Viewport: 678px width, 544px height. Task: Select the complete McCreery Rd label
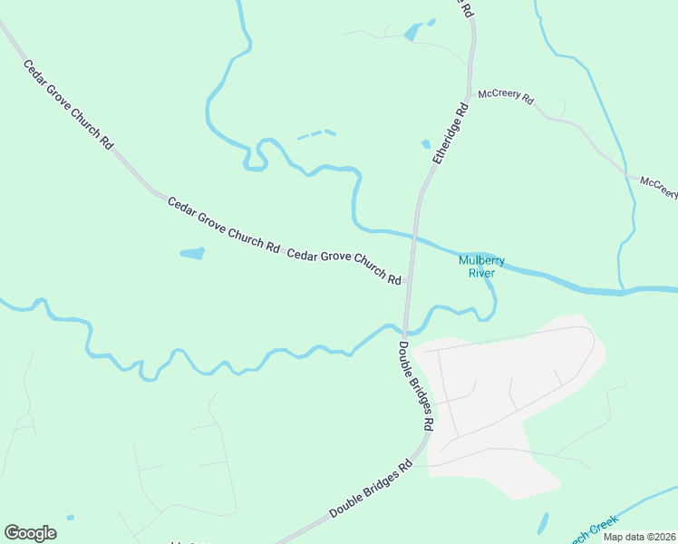[506, 95]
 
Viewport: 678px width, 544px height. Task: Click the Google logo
[30, 533]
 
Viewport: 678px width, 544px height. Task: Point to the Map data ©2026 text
[638, 537]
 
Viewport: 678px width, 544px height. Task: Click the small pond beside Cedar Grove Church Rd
[192, 254]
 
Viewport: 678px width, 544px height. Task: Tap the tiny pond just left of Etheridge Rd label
[426, 143]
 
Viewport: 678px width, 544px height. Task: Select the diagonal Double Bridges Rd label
[370, 489]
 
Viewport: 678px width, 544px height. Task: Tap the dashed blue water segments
[316, 135]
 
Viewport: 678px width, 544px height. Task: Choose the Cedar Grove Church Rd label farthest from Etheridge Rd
[68, 105]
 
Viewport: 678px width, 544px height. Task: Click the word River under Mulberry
[480, 272]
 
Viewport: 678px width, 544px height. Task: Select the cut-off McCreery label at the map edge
[659, 187]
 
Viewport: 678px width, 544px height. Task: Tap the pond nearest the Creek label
[543, 523]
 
